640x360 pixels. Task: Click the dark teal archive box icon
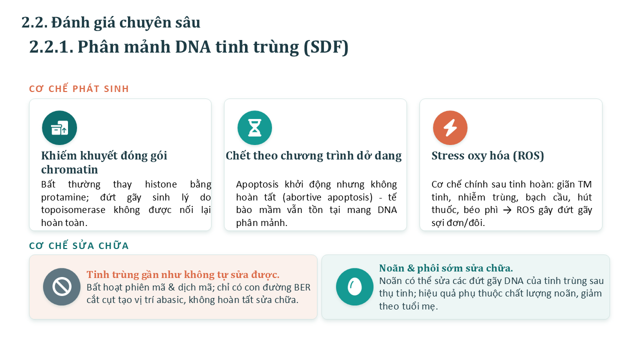pyautogui.click(x=59, y=127)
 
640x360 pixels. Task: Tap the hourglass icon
pyautogui.click(x=254, y=127)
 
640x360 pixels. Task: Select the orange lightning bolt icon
pyautogui.click(x=450, y=127)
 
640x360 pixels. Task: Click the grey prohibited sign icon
pyautogui.click(x=61, y=286)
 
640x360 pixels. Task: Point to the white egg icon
pyautogui.click(x=354, y=286)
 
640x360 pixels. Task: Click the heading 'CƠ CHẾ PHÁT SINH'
pyautogui.click(x=79, y=88)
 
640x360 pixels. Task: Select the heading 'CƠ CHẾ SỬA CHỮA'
pyautogui.click(x=79, y=245)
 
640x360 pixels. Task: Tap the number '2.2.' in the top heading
pyautogui.click(x=34, y=22)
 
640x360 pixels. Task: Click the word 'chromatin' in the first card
pyautogui.click(x=69, y=169)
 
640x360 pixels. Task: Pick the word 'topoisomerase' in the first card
pyautogui.click(x=73, y=210)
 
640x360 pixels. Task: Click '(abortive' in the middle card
pyautogui.click(x=302, y=197)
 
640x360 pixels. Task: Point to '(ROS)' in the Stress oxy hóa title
pyautogui.click(x=528, y=155)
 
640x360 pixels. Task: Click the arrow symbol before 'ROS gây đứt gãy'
pyautogui.click(x=507, y=210)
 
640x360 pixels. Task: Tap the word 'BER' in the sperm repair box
pyautogui.click(x=302, y=287)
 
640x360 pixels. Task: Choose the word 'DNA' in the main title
pyautogui.click(x=193, y=47)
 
